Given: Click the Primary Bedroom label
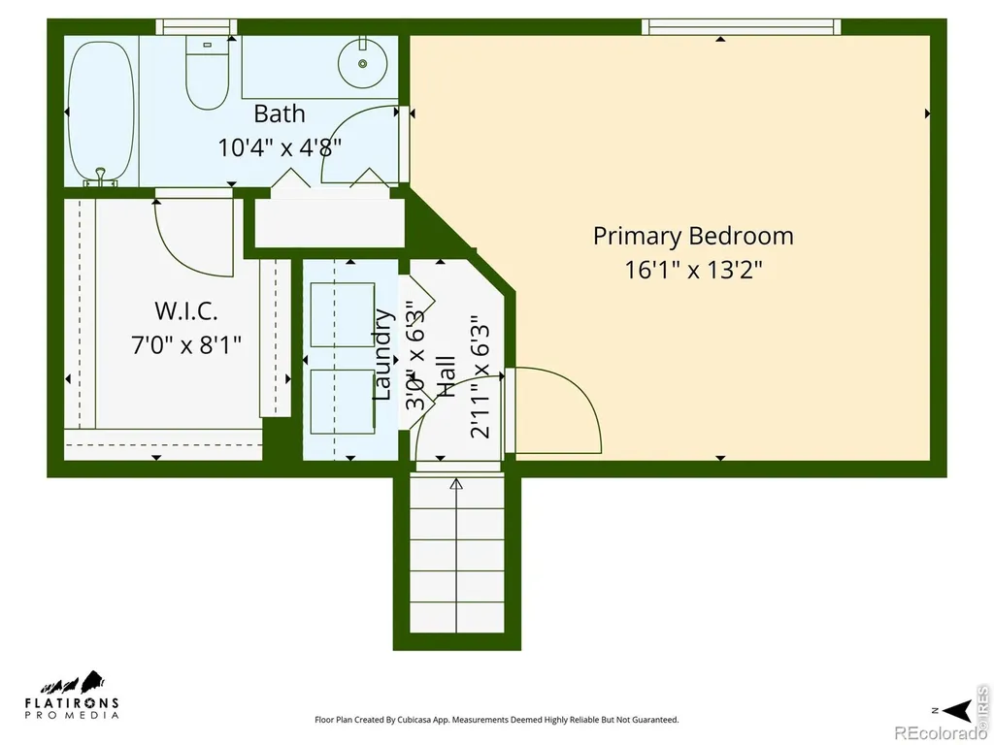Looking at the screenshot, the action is point(693,236).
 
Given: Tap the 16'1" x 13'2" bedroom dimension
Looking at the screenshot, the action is point(693,270).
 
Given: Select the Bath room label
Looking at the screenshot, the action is point(279,114).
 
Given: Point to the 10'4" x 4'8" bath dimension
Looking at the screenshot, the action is point(280,147).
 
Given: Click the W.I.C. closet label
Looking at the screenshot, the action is point(185,311).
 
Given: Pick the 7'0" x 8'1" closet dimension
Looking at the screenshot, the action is point(186,345).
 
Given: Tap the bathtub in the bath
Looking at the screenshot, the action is point(101,113).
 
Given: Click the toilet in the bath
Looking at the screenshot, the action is point(208,72).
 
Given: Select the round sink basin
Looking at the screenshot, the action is point(363,63).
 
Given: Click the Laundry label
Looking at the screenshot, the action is point(381,353).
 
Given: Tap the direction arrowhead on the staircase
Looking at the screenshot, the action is point(456,485).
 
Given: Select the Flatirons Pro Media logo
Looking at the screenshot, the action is point(72,695).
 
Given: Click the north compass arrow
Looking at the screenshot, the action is point(958,709).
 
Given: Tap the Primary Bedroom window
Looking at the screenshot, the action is point(741,26).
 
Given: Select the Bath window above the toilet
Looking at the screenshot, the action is point(196,26).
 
